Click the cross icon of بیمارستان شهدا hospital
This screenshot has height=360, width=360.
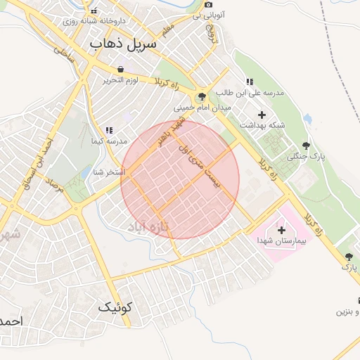click(282, 230)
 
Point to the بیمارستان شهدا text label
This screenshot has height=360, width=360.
click(282, 242)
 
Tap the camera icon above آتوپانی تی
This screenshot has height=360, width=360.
click(208, 5)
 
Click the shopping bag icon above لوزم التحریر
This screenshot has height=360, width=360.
click(121, 69)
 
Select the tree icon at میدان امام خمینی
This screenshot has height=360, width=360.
click(202, 96)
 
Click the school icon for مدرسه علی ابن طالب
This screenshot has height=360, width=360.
click(250, 82)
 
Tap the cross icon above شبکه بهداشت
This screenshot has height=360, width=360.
click(262, 114)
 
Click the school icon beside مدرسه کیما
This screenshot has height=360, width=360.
click(108, 130)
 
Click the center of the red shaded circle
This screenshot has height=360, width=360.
click(180, 179)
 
